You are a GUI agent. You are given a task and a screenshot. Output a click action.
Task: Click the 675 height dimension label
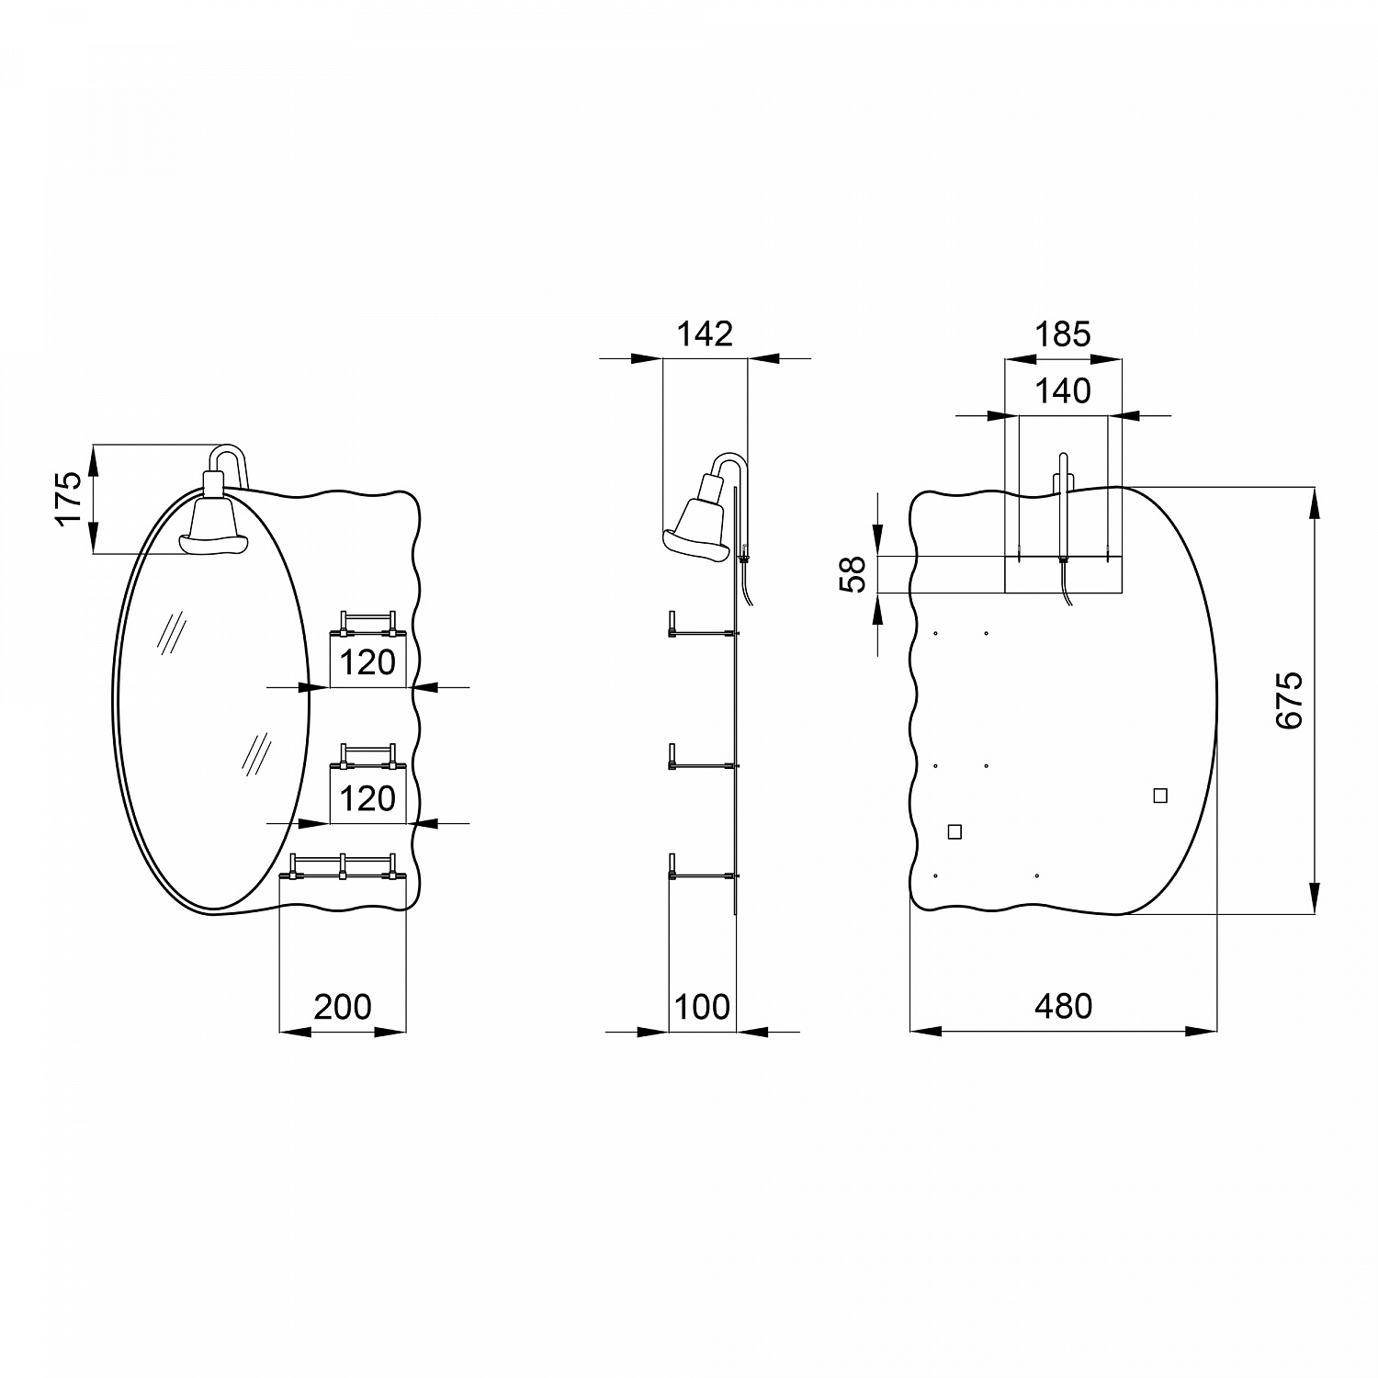[x=1289, y=700]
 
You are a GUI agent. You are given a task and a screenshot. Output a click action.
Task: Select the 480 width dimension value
[x=1064, y=1007]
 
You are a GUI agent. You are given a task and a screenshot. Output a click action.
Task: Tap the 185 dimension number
[x=1063, y=333]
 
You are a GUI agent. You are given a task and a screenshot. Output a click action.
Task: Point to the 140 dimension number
[x=1063, y=391]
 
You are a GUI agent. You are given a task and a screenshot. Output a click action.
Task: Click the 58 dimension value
[x=854, y=575]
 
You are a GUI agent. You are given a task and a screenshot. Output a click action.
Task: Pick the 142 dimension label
[x=705, y=333]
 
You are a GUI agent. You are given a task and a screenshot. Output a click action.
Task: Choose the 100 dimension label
[x=703, y=1007]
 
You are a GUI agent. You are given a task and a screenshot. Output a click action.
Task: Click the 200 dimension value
[x=343, y=1007]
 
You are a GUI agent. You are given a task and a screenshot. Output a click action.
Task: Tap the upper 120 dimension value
[x=367, y=662]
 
